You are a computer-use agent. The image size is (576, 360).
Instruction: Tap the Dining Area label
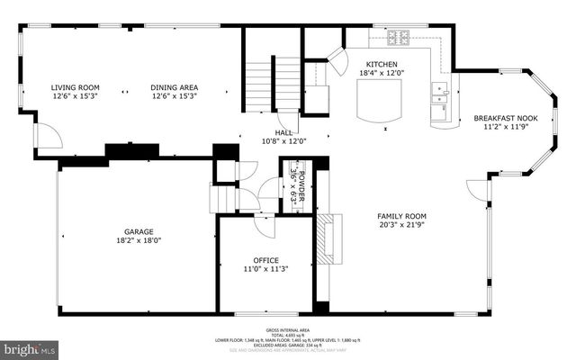coord(173,87)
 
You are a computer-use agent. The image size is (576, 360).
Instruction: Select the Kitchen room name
coord(382,64)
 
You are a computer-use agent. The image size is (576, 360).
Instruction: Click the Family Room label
coord(401,216)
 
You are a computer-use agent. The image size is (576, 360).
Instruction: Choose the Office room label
coord(265,260)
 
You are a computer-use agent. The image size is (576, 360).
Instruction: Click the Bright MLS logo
coord(29,346)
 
